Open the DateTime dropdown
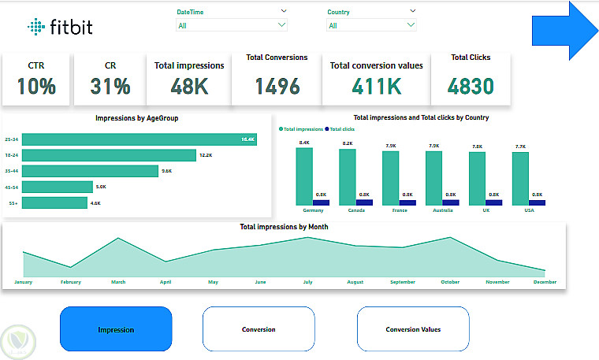(x=231, y=25)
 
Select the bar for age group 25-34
(x=139, y=139)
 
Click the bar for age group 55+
(x=54, y=203)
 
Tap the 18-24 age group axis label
(x=11, y=155)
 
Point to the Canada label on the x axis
(x=347, y=211)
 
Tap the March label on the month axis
(x=118, y=281)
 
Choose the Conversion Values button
(x=413, y=329)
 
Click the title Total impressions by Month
(x=284, y=227)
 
